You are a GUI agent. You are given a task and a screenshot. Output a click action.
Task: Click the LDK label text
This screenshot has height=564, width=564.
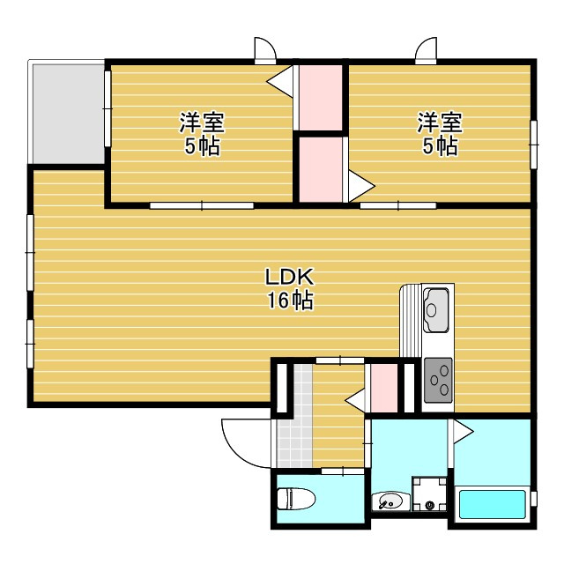coord(290,277)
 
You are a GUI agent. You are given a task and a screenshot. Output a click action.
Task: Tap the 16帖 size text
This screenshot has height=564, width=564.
coord(290,300)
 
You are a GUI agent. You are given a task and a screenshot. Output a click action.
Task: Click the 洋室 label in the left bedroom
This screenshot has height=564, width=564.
coord(202,122)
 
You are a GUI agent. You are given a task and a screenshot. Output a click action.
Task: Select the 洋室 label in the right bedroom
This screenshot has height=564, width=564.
coord(440,122)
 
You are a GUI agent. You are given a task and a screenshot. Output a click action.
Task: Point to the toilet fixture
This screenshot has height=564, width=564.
coord(296,499)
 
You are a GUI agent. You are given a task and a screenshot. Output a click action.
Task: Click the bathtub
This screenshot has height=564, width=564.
coord(492,504)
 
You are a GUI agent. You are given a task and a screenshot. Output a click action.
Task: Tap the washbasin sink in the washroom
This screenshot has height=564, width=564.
coord(390,501)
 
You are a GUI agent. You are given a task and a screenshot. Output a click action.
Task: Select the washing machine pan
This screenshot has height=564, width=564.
coord(429,493)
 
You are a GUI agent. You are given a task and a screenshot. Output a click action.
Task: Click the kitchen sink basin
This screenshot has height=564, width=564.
coord(437,310)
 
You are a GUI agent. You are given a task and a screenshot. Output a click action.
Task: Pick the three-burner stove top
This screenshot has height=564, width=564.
coord(438,380)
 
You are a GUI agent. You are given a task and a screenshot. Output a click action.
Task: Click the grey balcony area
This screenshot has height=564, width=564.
coord(69,114)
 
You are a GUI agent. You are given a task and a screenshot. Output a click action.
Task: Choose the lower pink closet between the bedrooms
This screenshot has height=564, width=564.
coord(321,170)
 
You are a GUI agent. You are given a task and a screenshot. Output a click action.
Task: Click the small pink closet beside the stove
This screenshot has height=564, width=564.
coord(384,388)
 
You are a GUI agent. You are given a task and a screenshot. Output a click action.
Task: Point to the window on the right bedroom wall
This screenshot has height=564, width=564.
coord(534,145)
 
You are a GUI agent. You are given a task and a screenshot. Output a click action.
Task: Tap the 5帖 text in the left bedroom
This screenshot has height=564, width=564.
coord(202,145)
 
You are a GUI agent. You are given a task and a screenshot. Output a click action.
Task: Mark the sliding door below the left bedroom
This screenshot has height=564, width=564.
coord(202,205)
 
